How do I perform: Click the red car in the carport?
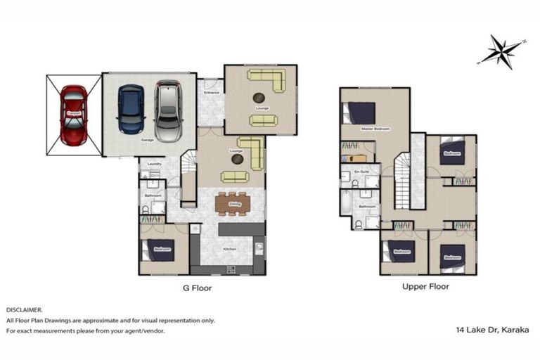click(74, 115)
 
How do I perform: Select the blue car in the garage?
click(131, 109)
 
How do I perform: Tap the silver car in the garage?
click(168, 111)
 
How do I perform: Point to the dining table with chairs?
click(233, 203)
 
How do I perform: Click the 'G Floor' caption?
click(198, 288)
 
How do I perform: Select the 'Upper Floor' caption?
click(425, 287)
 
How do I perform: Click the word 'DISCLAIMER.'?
click(25, 309)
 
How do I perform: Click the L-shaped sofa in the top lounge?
click(268, 78)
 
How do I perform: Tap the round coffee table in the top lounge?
click(259, 97)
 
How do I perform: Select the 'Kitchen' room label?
click(229, 250)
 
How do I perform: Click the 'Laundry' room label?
click(155, 165)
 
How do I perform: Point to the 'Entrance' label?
click(212, 93)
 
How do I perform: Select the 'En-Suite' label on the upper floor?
click(361, 172)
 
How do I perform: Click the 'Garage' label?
click(148, 140)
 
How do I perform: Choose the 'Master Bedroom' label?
click(375, 128)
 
